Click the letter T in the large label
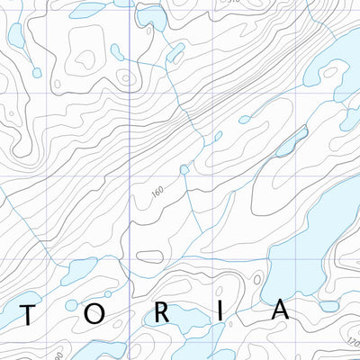pos(31,313)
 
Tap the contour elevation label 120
pos(352,343)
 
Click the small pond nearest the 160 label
pos(184,169)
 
